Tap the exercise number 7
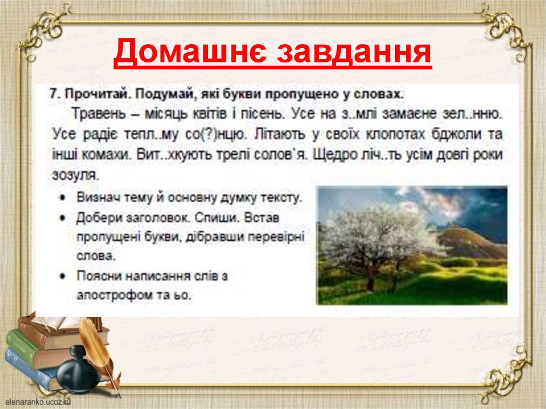53,93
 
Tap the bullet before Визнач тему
63,198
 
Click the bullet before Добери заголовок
63,219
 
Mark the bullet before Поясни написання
63,276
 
